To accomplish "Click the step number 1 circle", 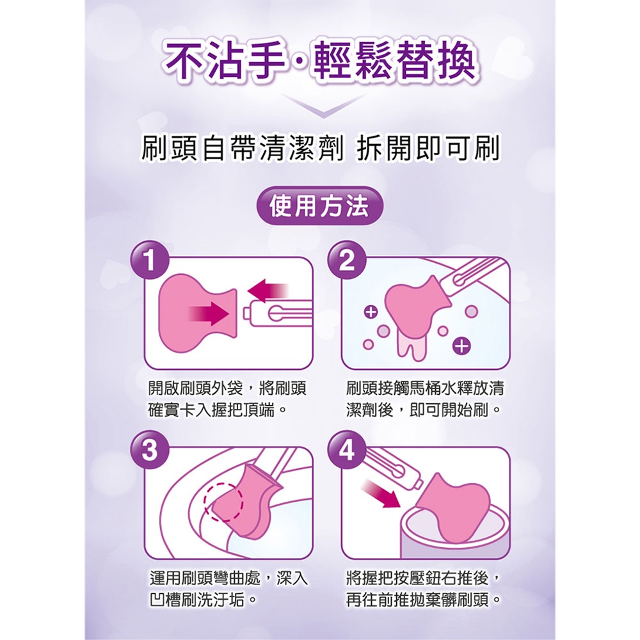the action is pyautogui.click(x=150, y=260).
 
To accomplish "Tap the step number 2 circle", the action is pyautogui.click(x=347, y=260).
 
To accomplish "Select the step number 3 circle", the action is pyautogui.click(x=150, y=450).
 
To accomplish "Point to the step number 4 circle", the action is pyautogui.click(x=347, y=450).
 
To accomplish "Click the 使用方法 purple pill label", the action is pyautogui.click(x=319, y=205).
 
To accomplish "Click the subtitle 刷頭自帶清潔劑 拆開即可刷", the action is pyautogui.click(x=319, y=148).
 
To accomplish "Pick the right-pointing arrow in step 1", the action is pyautogui.click(x=208, y=315).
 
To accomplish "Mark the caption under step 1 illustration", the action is pyautogui.click(x=227, y=399).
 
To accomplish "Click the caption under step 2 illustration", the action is pyautogui.click(x=424, y=399).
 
